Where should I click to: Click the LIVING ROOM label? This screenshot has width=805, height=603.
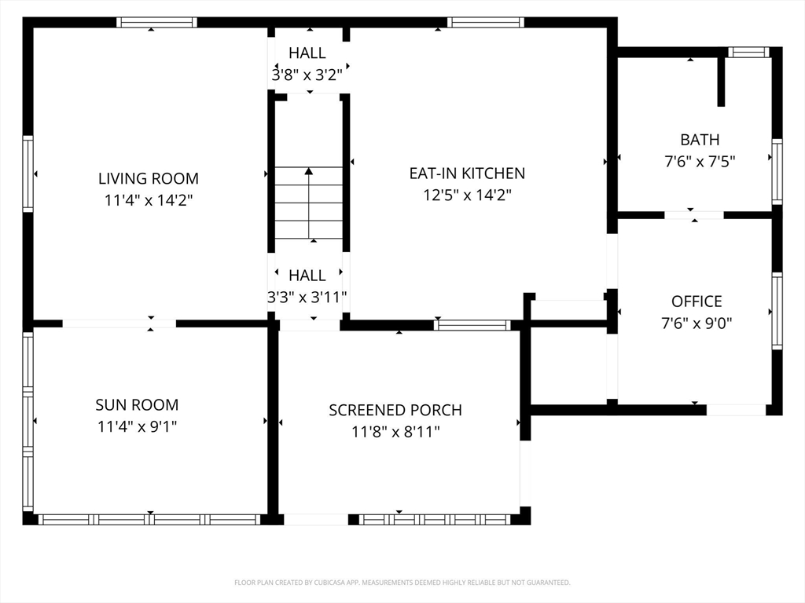[149, 178]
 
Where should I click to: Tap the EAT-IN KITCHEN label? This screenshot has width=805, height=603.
[467, 174]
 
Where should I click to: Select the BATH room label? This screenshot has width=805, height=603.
[700, 140]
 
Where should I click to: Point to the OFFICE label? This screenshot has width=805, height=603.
[697, 301]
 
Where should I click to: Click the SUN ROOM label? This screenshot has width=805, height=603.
[137, 404]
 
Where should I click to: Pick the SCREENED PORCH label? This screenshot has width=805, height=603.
[395, 410]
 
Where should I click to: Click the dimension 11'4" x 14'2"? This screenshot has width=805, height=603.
[149, 200]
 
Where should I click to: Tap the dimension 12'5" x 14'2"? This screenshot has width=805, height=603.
[467, 195]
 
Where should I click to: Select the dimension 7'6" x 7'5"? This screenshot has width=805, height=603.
[700, 162]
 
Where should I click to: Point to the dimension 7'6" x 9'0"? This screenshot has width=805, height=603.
[697, 323]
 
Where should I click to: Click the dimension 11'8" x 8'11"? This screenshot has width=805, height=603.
[395, 432]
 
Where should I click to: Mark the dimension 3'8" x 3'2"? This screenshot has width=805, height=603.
[307, 75]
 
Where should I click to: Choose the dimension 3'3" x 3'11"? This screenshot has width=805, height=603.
[307, 297]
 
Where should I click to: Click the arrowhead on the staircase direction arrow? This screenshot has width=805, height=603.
[308, 171]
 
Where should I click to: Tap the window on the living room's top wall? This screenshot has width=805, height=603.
[156, 22]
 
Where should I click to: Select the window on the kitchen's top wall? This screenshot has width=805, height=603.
[486, 22]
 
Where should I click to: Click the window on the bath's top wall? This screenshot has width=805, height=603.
[748, 52]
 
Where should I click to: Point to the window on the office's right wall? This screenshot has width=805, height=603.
[777, 311]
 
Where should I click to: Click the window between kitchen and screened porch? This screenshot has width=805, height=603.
[472, 324]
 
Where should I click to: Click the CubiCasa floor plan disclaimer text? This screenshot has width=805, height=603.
[402, 583]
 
